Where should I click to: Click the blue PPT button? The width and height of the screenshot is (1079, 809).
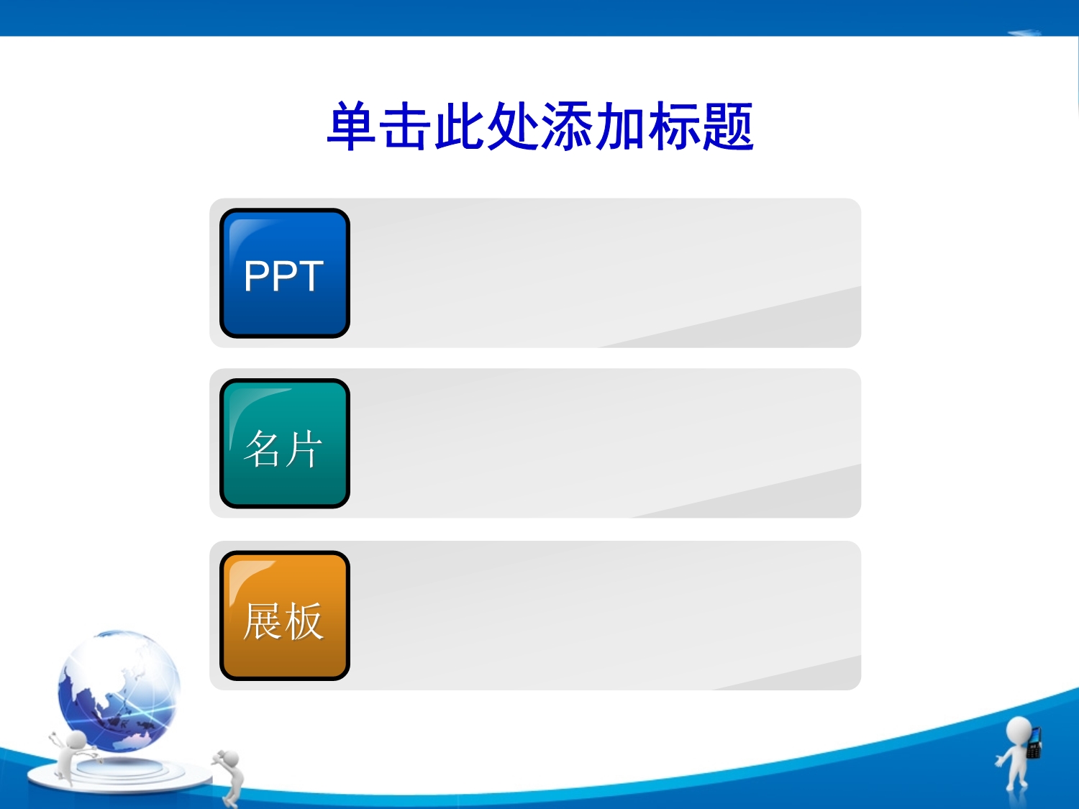point(285,273)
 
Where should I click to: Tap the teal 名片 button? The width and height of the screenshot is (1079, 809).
point(285,444)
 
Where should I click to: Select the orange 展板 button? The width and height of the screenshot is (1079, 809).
point(285,616)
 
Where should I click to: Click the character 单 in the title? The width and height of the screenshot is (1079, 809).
point(351,127)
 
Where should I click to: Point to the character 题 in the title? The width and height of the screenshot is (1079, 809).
point(728,127)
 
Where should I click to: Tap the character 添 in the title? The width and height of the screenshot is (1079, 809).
point(566,127)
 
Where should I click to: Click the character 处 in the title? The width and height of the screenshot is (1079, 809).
point(513,127)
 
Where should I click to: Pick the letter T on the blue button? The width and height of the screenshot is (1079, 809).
point(308,276)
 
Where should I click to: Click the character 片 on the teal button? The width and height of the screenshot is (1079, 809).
point(304,449)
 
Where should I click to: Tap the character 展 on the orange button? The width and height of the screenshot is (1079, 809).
point(263,621)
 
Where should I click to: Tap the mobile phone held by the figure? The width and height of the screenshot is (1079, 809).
point(1034,743)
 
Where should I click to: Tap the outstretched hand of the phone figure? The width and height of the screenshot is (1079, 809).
point(999,762)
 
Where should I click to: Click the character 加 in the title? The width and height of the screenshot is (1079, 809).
point(620,127)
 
